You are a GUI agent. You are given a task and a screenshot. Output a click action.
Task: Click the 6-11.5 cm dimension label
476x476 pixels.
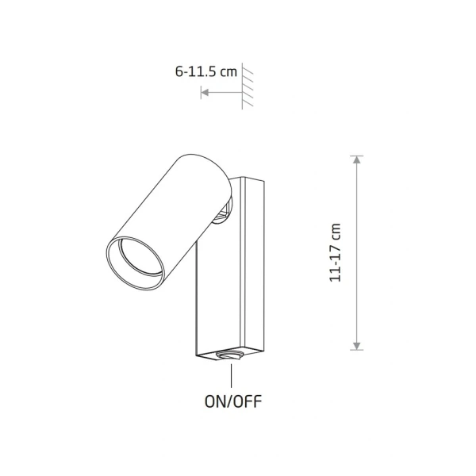click(205, 71)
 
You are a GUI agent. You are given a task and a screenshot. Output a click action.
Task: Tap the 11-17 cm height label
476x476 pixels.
click(336, 252)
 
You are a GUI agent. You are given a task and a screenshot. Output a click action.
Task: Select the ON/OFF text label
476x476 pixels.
click(232, 401)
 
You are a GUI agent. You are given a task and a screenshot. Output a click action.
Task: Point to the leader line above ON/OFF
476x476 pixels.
click(232, 375)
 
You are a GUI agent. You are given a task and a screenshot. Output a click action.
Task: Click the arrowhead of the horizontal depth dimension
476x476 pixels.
click(205, 92)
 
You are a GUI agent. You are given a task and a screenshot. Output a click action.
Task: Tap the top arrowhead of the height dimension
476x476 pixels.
click(357, 159)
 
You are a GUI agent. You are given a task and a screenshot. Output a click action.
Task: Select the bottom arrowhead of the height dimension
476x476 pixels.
click(357, 346)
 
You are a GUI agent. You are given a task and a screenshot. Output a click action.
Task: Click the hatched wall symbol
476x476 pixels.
click(247, 86)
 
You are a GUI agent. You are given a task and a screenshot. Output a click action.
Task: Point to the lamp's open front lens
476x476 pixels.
click(136, 263)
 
